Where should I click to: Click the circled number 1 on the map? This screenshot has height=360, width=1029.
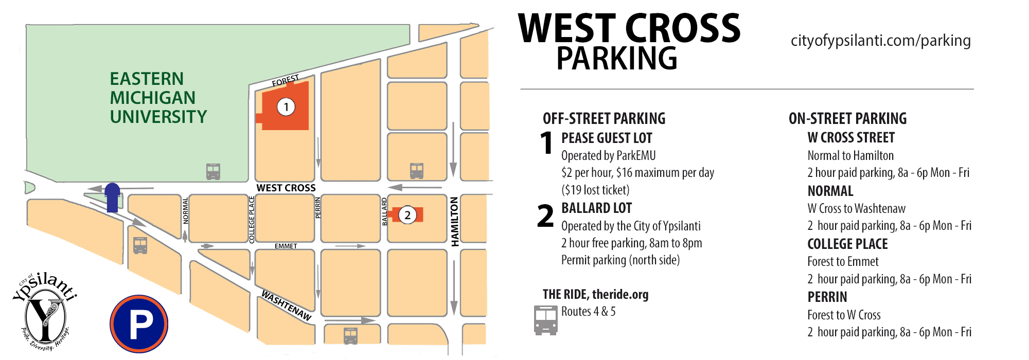pos(286,107)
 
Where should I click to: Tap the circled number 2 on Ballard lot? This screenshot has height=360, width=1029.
pos(407,215)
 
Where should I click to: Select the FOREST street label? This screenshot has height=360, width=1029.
pos(286,81)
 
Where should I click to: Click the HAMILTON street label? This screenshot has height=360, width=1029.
pos(455,221)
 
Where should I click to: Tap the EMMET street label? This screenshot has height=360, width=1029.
pos(286,246)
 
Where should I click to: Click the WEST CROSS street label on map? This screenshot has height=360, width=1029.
pos(286,188)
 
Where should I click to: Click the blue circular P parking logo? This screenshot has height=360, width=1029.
pos(139,324)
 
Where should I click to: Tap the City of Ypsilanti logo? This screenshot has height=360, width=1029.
pos(45,312)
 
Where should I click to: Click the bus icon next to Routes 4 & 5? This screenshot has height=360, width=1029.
pos(545,320)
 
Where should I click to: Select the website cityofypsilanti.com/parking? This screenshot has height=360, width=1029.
pos(880,41)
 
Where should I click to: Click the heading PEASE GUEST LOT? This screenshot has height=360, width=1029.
pos(607,138)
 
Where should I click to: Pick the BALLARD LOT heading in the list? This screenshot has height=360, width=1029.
pos(596,208)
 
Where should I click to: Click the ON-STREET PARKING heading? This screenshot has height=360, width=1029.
pos(847,119)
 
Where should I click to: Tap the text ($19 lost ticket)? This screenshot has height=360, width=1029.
pos(595,190)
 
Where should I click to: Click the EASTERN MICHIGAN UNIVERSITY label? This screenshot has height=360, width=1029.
pos(157,98)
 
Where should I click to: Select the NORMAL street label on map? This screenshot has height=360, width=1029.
pos(186,211)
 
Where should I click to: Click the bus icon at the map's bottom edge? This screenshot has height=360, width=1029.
pos(350,336)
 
